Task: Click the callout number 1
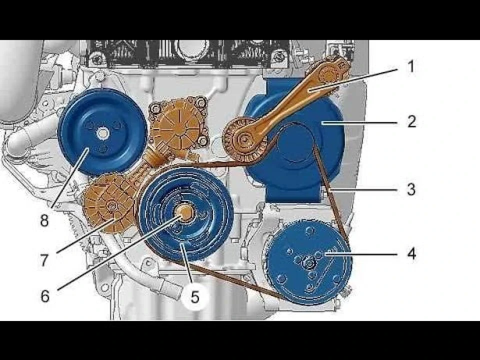click(411, 66)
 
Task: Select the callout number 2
click(411, 121)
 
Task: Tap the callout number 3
click(411, 189)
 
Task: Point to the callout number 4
click(411, 254)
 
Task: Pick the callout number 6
click(44, 295)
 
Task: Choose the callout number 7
click(44, 260)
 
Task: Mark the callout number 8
click(44, 220)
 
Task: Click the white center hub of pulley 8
click(102, 133)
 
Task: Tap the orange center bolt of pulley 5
click(185, 212)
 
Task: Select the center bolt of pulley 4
click(309, 263)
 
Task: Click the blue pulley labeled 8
click(102, 132)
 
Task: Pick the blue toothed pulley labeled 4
click(309, 262)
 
